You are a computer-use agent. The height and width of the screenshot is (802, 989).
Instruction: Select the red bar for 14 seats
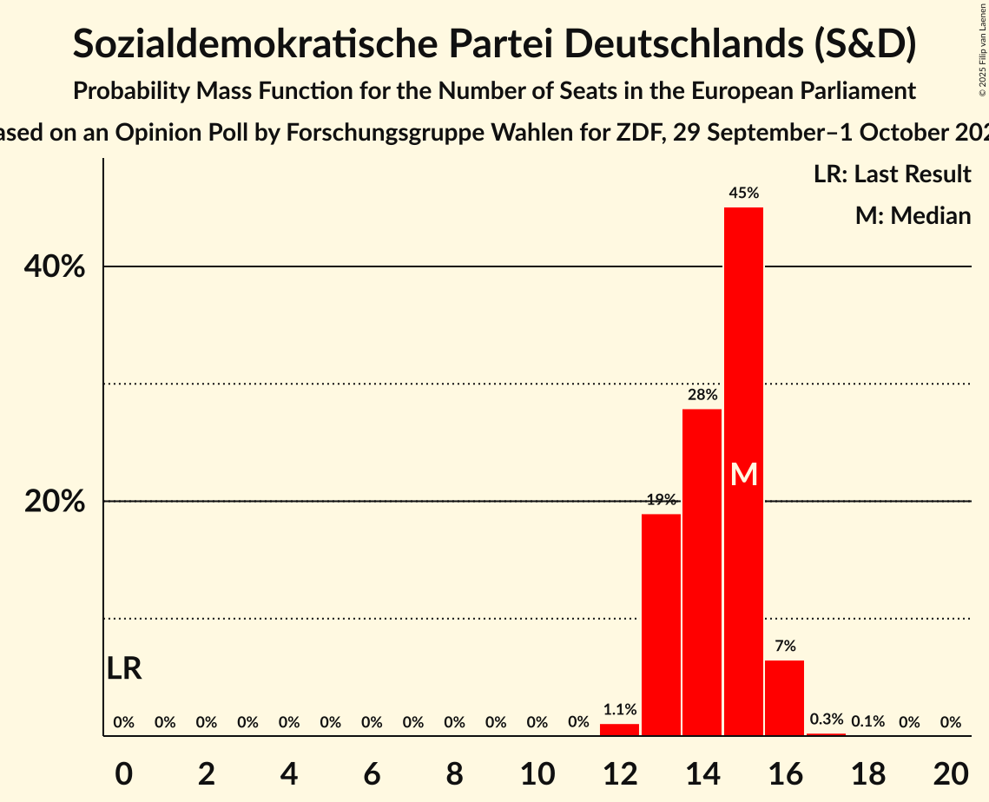click(702, 572)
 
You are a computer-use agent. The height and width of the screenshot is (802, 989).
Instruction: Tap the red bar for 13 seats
click(661, 625)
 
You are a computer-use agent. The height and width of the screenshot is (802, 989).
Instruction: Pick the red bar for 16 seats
click(784, 698)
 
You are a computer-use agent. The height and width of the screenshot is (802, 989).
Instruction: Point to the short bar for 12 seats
click(619, 730)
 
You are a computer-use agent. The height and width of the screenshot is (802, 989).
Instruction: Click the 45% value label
click(743, 194)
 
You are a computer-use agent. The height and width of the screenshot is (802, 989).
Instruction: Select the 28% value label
click(702, 395)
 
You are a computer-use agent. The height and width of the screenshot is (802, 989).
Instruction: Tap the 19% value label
click(661, 500)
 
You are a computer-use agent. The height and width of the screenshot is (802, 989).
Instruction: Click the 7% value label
click(785, 646)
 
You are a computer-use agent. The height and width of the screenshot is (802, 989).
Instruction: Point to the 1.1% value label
click(620, 710)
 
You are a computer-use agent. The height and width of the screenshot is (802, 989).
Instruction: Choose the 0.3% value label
click(826, 720)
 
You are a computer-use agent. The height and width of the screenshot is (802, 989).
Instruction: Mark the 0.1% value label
click(867, 722)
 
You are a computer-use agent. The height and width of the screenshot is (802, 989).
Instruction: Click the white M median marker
click(744, 475)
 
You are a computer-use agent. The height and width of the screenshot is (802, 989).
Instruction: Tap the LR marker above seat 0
click(124, 669)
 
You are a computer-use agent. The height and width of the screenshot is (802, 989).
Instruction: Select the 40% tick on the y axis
click(54, 267)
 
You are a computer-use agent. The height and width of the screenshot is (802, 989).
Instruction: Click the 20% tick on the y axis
click(54, 503)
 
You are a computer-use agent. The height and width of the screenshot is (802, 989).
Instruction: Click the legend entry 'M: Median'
click(913, 215)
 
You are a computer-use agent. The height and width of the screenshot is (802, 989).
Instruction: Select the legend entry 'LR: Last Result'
click(892, 174)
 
